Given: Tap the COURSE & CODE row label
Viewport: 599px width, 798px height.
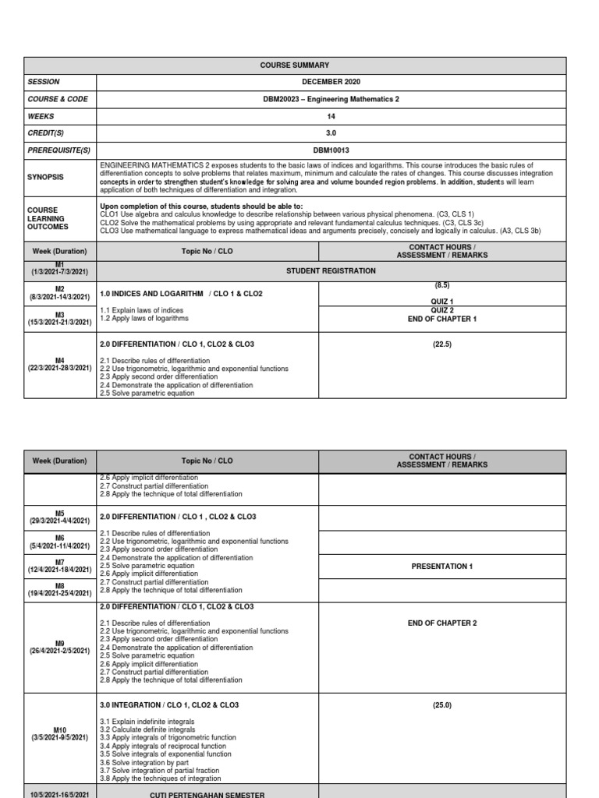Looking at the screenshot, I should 58,99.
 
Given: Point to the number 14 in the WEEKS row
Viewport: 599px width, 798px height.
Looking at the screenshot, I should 331,116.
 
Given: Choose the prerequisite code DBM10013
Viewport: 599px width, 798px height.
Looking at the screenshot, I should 331,150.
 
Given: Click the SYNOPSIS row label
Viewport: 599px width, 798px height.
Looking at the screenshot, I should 46,177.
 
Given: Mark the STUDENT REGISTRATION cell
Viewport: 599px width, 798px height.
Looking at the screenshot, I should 331,271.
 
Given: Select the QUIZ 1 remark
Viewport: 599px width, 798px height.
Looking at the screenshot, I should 441,302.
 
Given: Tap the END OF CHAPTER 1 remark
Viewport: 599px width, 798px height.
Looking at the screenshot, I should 441,319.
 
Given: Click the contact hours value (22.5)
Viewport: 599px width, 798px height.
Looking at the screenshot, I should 441,344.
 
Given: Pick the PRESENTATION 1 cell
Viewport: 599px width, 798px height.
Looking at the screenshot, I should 441,567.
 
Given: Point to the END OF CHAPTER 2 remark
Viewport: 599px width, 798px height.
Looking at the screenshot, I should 441,623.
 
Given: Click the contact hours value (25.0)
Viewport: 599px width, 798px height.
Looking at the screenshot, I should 441,705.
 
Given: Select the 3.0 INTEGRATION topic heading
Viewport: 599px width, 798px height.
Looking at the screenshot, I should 169,705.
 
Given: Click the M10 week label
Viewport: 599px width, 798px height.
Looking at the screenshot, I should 60,729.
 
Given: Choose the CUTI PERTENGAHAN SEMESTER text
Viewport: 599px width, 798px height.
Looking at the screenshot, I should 207,794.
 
